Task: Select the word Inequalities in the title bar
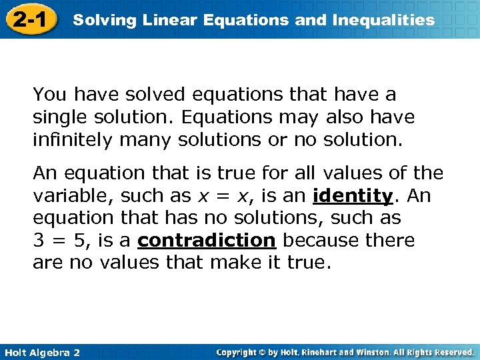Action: tap(382, 20)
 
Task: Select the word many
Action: tap(147, 141)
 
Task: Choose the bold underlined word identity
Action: tap(352, 196)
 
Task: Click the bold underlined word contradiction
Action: tap(207, 240)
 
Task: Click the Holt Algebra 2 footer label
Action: tap(41, 352)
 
